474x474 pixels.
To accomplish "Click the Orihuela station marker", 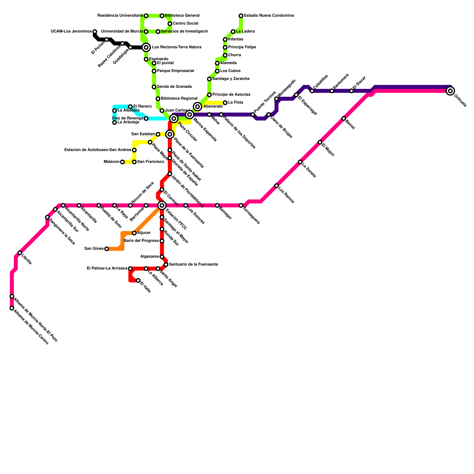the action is pyautogui.click(x=450, y=91).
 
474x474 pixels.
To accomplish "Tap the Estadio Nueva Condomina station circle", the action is pyautogui.click(x=241, y=16).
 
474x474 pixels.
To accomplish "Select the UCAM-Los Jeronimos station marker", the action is pyautogui.click(x=95, y=31).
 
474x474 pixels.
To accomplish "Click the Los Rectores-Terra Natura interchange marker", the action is pyautogui.click(x=146, y=47).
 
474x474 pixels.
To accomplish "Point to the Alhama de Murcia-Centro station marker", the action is pyautogui.click(x=12, y=308).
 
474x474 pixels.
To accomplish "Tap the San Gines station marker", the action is pyautogui.click(x=107, y=249).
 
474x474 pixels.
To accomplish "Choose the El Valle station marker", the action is pyautogui.click(x=138, y=280).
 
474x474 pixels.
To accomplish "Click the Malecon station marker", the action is pyautogui.click(x=122, y=162).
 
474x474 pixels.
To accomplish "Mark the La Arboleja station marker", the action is pyautogui.click(x=115, y=122).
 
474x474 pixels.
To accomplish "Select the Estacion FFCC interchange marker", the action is pyautogui.click(x=162, y=205).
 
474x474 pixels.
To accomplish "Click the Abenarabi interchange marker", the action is pyautogui.click(x=198, y=107).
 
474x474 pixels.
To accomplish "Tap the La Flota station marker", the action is pyautogui.click(x=225, y=103).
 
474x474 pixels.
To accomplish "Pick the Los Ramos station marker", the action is pyautogui.click(x=276, y=186).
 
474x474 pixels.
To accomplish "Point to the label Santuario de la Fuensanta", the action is pyautogui.click(x=193, y=264).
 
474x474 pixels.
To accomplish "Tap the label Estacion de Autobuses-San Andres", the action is pyautogui.click(x=98, y=150).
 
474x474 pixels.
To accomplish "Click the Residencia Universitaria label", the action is pyautogui.click(x=120, y=16).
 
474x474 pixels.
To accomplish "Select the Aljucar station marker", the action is pyautogui.click(x=134, y=233).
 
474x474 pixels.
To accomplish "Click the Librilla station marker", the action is pyautogui.click(x=20, y=253).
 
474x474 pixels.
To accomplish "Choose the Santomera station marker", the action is pyautogui.click(x=332, y=91).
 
